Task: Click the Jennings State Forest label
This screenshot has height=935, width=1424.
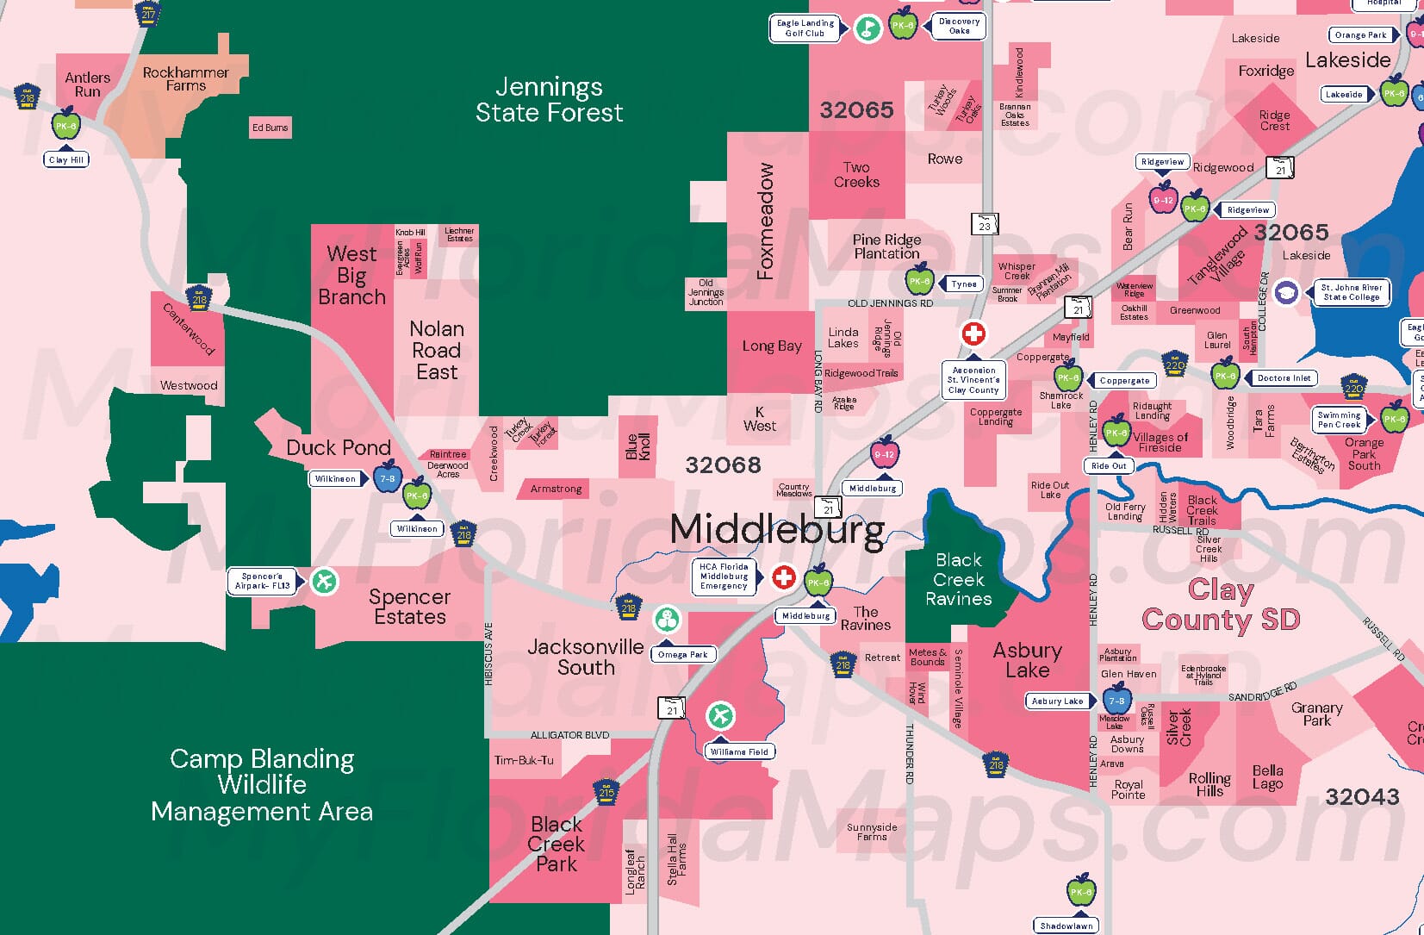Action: [549, 99]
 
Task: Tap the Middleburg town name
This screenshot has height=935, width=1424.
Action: [777, 529]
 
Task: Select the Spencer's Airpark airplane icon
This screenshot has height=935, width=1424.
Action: [324, 582]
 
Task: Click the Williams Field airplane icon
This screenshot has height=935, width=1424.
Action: [720, 715]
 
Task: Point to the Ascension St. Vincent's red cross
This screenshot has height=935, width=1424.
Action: [973, 333]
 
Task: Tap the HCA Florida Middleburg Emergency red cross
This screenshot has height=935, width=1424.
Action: [783, 577]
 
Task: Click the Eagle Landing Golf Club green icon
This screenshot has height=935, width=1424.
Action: [867, 28]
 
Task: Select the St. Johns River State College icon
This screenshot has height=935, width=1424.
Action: [1286, 292]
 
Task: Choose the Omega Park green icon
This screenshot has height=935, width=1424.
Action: [667, 619]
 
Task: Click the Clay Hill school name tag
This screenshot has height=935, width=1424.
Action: [66, 159]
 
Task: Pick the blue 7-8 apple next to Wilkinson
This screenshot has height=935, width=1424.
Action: [387, 478]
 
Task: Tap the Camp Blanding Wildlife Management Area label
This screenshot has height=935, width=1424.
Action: [262, 785]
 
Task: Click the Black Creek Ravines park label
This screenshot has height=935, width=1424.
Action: [958, 579]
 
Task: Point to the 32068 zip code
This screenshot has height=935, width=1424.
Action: [723, 465]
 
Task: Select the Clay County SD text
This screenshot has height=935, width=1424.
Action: [1220, 605]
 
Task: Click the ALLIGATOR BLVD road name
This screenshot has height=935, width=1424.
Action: [569, 735]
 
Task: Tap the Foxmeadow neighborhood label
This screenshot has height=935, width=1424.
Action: [765, 221]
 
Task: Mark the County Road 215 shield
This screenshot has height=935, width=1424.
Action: [606, 792]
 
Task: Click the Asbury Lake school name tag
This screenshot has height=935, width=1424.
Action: [1057, 701]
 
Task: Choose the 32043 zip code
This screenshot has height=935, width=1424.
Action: [1362, 796]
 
